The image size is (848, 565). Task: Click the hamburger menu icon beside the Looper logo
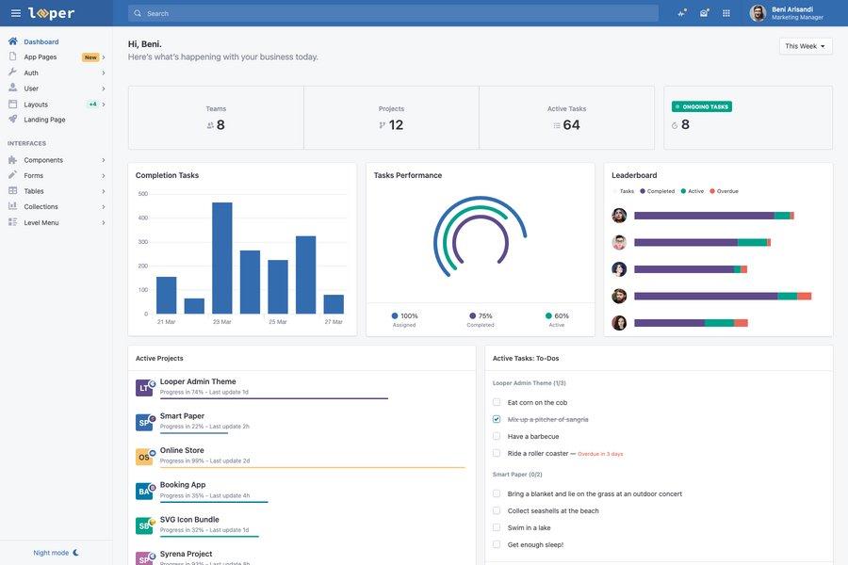point(15,13)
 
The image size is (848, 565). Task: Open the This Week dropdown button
point(806,46)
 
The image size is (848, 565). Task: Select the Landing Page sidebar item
point(44,120)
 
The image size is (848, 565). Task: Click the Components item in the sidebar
point(43,160)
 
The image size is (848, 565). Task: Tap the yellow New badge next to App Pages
point(90,57)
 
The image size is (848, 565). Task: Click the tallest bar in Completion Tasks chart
point(221,258)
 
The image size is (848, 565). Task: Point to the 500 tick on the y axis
point(143,194)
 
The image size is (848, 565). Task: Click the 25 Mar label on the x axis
point(277,322)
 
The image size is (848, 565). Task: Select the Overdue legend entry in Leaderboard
point(726,191)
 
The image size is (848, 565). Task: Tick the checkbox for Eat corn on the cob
point(497,402)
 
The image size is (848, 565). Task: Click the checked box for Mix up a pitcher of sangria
point(497,419)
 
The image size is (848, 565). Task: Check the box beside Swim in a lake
point(497,527)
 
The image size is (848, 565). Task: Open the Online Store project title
point(182,450)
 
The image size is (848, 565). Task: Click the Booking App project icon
point(144,491)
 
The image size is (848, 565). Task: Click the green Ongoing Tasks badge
point(702,106)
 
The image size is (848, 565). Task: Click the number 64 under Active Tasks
point(571,125)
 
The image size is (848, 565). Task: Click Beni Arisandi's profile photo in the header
point(758,13)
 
